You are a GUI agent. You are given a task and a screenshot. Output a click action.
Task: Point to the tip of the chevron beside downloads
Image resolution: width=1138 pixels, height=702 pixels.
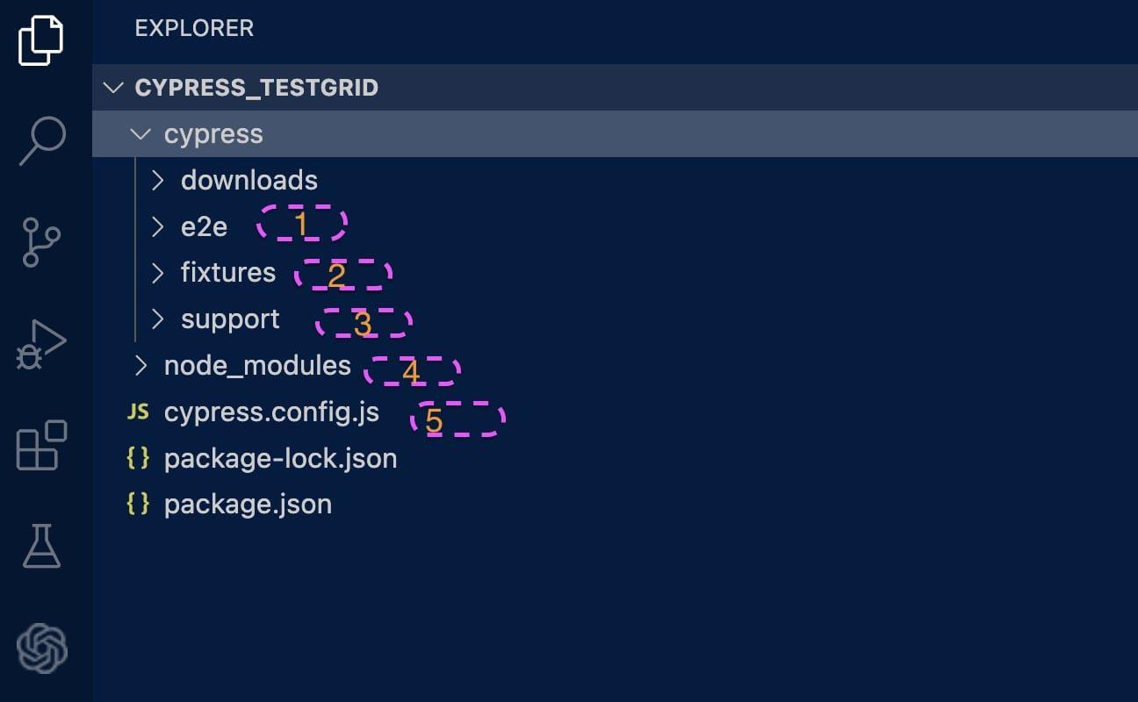coord(163,180)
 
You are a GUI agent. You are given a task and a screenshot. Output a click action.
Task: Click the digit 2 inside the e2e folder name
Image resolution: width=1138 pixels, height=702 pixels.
coord(204,226)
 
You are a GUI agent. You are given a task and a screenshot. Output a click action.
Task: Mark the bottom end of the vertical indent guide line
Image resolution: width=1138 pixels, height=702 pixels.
coord(135,341)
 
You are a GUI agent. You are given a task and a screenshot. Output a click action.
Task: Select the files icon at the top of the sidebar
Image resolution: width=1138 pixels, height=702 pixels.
coord(40,40)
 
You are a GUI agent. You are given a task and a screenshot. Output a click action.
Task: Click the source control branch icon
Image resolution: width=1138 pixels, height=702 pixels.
coord(40,242)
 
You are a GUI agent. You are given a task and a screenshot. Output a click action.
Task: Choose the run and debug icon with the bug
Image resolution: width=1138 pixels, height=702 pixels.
coord(40,345)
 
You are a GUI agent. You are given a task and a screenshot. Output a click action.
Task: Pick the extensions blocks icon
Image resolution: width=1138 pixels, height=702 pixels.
coord(41,445)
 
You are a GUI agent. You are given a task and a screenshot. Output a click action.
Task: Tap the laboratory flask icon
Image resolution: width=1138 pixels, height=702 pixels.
coord(41,546)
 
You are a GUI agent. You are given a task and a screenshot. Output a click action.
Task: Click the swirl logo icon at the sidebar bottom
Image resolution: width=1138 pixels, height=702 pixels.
coord(41,648)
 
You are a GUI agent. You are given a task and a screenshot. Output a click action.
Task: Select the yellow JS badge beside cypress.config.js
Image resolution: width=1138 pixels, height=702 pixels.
coord(138,412)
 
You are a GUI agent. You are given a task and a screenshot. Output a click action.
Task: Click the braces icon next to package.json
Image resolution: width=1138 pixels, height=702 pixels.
coord(138,504)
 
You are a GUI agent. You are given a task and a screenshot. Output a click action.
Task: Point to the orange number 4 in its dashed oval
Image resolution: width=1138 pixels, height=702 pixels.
coord(410,371)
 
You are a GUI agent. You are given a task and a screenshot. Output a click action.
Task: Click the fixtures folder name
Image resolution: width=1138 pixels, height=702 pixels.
coord(228,273)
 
